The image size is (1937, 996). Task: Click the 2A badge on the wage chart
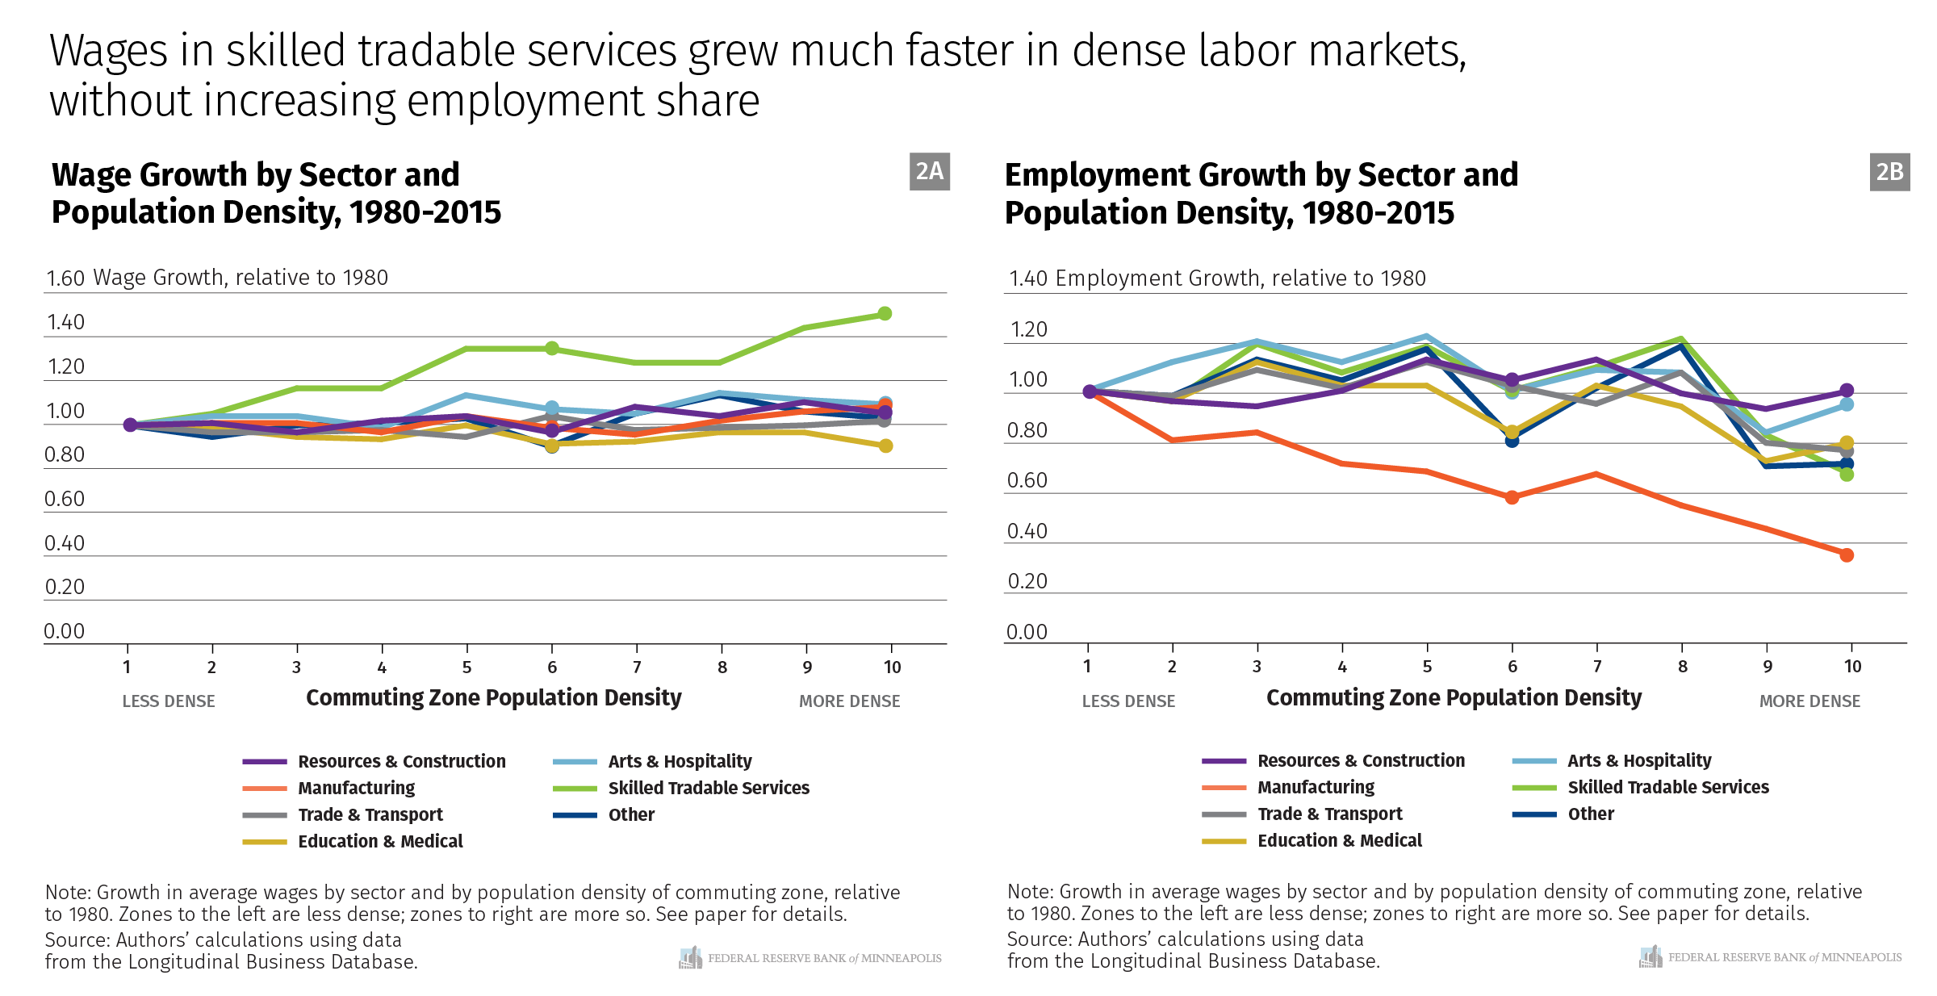pos(929,171)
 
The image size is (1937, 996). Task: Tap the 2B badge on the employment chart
pos(1889,172)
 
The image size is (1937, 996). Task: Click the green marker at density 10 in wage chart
pos(885,313)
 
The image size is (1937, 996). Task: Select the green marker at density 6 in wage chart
pos(552,348)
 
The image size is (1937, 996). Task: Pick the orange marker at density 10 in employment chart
pos(1847,554)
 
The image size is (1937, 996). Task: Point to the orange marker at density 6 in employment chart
pos(1512,497)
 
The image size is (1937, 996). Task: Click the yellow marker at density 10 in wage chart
pos(885,446)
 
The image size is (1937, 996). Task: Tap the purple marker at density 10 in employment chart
pos(1847,390)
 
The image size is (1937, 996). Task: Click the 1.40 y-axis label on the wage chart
pos(65,323)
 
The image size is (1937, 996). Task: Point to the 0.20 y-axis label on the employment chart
pos(1027,581)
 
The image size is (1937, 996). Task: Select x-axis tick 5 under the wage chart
pos(466,667)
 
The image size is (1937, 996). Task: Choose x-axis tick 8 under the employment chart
pos(1682,667)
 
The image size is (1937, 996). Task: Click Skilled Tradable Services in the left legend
pos(708,788)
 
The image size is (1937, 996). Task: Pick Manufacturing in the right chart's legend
pos(1316,787)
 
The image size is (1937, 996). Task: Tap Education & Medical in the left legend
pos(380,841)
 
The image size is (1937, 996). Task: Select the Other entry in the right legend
pos(1590,814)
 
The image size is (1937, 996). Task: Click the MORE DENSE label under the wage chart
pos(849,701)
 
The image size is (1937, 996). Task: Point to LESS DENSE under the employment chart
pos(1128,701)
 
